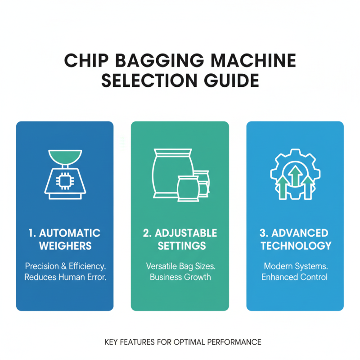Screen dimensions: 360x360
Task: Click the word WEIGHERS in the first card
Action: [65, 246]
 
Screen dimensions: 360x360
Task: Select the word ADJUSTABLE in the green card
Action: [186, 233]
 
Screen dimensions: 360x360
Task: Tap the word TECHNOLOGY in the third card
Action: [296, 246]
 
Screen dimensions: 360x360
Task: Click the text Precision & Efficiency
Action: [65, 266]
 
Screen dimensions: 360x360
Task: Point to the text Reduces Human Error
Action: [65, 277]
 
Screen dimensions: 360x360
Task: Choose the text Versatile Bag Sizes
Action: [180, 266]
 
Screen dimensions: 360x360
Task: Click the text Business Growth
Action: [180, 277]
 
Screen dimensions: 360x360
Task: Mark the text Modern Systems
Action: [295, 266]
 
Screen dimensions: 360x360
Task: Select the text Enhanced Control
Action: [295, 277]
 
